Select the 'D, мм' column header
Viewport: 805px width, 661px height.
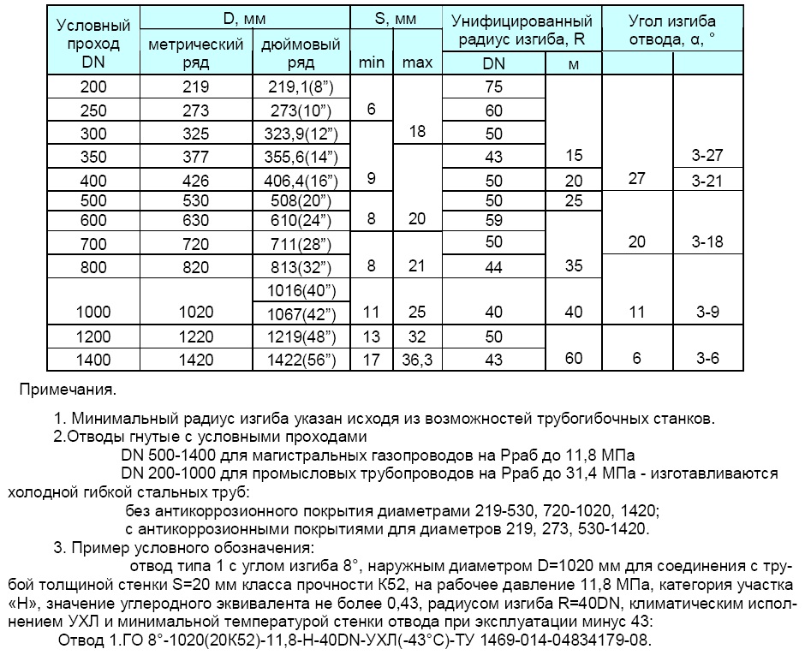coord(246,19)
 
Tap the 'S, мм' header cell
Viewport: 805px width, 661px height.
coord(395,19)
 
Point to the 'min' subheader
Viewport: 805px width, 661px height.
coord(371,63)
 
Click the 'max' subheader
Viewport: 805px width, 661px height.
coord(417,63)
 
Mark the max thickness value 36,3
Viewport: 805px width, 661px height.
coord(417,360)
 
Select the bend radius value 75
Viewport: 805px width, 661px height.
coord(494,86)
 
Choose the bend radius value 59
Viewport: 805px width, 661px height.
coord(494,220)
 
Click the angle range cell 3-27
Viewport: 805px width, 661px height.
coord(707,156)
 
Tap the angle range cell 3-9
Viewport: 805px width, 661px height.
coord(707,313)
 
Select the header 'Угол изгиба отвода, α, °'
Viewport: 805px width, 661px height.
coord(672,29)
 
